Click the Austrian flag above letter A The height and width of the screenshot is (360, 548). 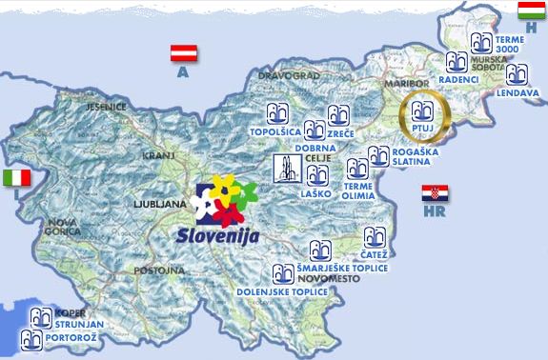[x=183, y=52]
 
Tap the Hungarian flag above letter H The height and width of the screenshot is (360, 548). [x=531, y=10]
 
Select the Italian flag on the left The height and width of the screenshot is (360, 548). [x=16, y=178]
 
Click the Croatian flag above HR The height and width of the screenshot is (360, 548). [x=435, y=193]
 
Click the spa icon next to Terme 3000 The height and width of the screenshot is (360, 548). [x=483, y=43]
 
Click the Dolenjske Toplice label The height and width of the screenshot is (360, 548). [x=287, y=290]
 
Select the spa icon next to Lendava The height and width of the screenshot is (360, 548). [x=517, y=74]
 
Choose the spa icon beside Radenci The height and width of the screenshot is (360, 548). [x=457, y=63]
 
